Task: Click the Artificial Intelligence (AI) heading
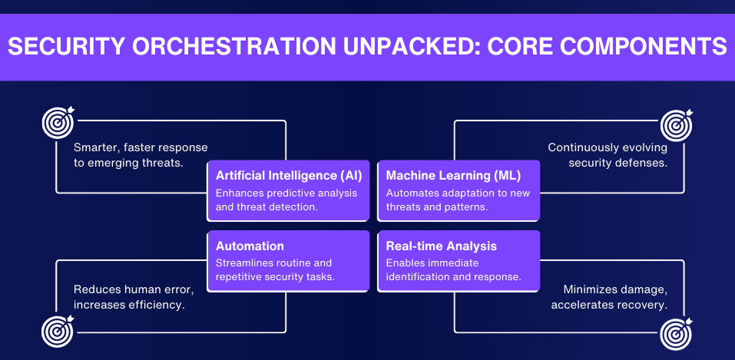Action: coord(289,175)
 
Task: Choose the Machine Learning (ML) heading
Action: coord(453,175)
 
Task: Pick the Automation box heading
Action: coord(250,246)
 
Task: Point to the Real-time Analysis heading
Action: coord(441,246)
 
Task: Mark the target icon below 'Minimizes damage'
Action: coord(676,331)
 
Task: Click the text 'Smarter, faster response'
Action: coord(141,147)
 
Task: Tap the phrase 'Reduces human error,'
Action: coord(134,289)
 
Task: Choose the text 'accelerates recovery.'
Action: coord(608,305)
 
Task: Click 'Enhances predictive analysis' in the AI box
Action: coord(286,193)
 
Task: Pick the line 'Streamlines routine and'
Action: coord(273,263)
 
